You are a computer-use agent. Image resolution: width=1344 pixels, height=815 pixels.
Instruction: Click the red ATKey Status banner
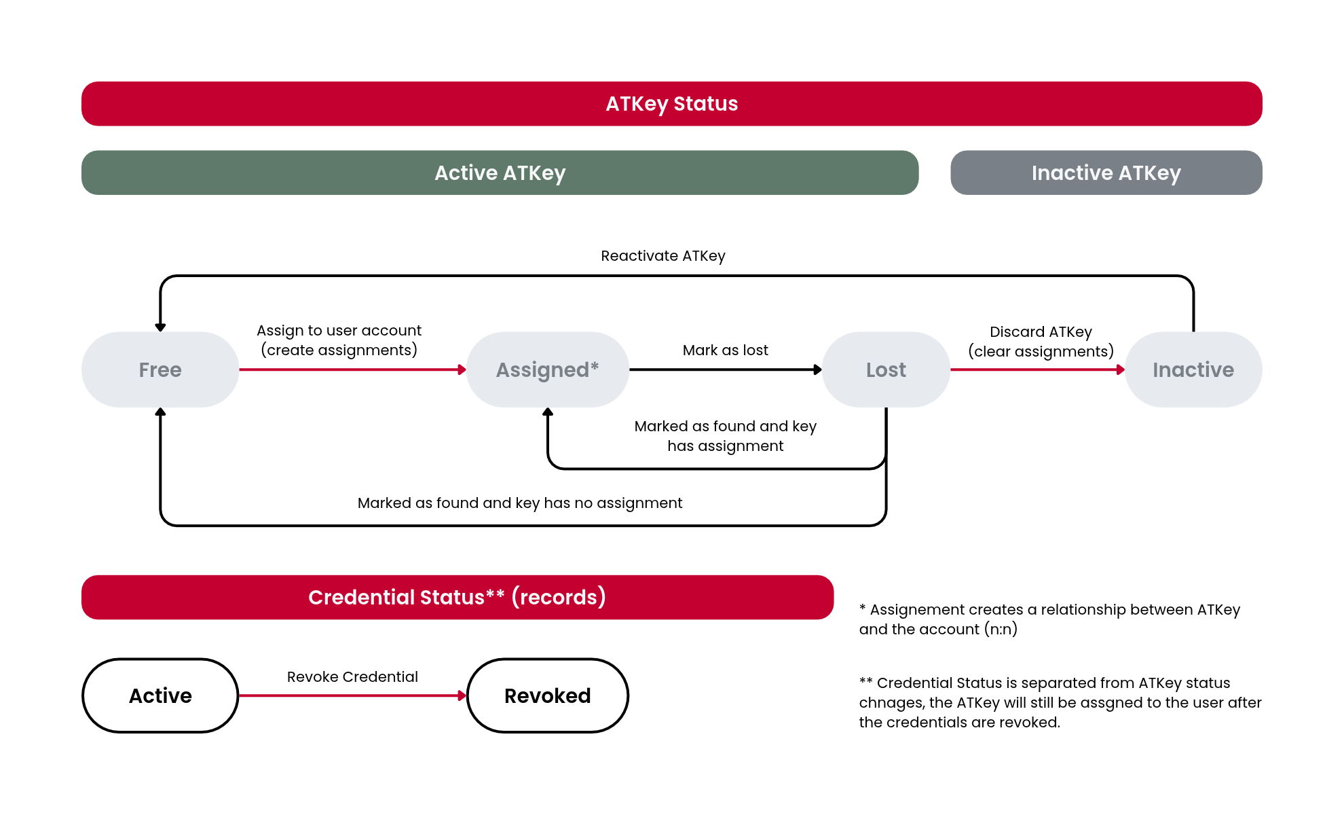(x=672, y=104)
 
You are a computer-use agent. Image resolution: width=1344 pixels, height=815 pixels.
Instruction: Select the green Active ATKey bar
(x=500, y=173)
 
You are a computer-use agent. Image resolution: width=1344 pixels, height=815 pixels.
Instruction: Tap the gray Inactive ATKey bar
(x=1106, y=173)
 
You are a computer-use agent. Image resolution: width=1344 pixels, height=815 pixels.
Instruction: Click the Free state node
(x=160, y=369)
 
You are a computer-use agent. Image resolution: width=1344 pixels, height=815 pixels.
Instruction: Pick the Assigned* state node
(x=548, y=369)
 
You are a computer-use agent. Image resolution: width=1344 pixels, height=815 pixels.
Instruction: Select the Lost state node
(x=886, y=369)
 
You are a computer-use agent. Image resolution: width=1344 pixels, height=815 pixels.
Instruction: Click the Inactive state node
(x=1193, y=369)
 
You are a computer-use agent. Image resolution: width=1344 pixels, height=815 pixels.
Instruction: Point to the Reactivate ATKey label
(x=663, y=256)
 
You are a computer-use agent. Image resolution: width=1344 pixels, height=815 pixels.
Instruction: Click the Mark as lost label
(x=726, y=350)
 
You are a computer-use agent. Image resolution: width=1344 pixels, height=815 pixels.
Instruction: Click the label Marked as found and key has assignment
(x=726, y=436)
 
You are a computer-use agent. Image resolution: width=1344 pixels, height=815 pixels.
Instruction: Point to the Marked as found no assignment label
(x=520, y=503)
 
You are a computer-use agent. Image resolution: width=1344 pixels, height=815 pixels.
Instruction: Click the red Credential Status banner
(x=458, y=597)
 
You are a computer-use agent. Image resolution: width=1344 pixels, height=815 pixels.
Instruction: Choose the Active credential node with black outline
(x=160, y=695)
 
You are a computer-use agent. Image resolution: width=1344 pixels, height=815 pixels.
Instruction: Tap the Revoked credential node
(x=548, y=695)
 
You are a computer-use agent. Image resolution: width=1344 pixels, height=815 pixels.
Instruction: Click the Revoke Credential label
(x=352, y=677)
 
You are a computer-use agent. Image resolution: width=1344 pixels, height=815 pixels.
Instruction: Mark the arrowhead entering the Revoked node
(x=462, y=695)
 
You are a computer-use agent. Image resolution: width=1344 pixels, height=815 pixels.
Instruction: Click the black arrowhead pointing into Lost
(x=818, y=369)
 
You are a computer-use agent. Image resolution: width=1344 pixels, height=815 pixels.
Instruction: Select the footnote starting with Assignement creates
(x=1049, y=619)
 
